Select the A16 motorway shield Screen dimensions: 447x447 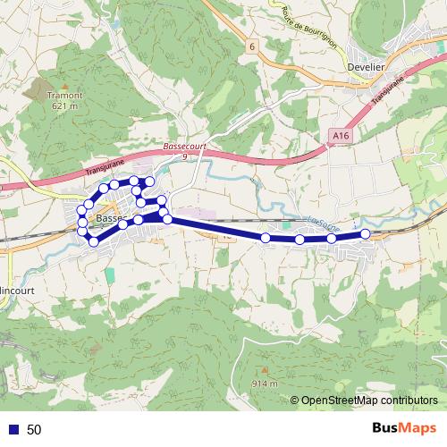click(338, 135)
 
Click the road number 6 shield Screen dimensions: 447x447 click(253, 46)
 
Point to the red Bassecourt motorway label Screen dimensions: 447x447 click(185, 146)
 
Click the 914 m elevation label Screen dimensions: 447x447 click(265, 384)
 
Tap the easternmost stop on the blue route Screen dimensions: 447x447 click(366, 234)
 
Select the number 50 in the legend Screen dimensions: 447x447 click(34, 429)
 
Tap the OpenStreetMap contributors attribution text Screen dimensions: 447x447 click(368, 401)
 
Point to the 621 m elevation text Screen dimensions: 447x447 click(65, 106)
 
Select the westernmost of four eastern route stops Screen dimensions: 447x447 click(266, 238)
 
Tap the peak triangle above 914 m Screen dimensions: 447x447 click(265, 369)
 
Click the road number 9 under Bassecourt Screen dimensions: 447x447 click(184, 156)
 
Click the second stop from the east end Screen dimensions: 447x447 click(332, 239)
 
